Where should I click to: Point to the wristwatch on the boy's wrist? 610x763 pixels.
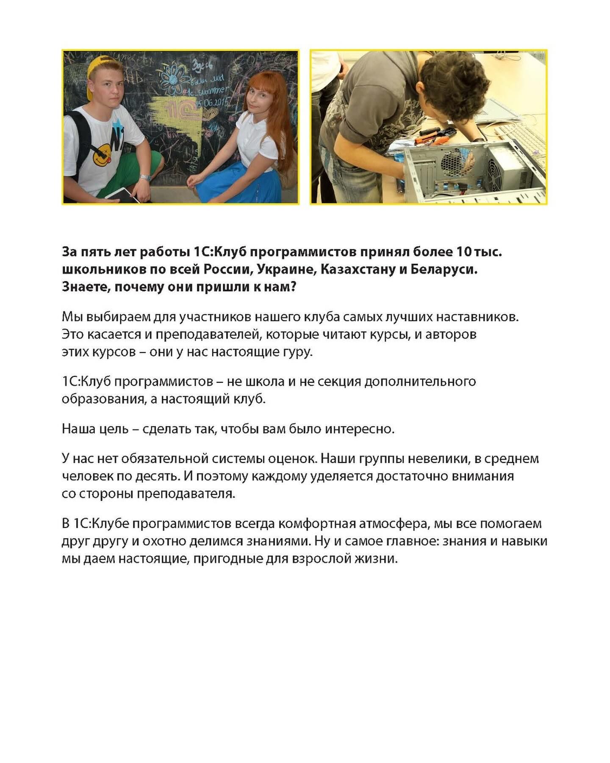point(145,177)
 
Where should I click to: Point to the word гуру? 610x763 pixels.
point(297,352)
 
